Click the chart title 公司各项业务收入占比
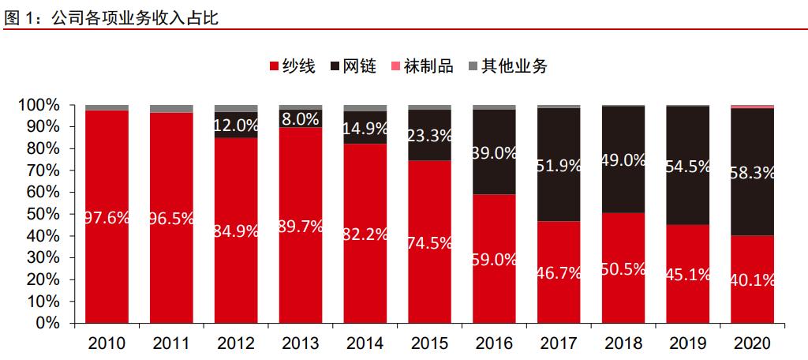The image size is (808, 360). tap(134, 17)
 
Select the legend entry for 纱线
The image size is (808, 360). tap(292, 66)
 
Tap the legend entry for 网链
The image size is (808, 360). tap(353, 66)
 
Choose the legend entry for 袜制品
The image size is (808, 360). tap(421, 66)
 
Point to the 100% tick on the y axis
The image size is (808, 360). tap(39, 105)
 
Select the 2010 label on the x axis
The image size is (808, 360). tap(107, 343)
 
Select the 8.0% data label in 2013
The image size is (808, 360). tap(300, 119)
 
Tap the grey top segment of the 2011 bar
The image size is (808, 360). tap(171, 108)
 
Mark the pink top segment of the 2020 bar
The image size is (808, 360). tap(752, 107)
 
